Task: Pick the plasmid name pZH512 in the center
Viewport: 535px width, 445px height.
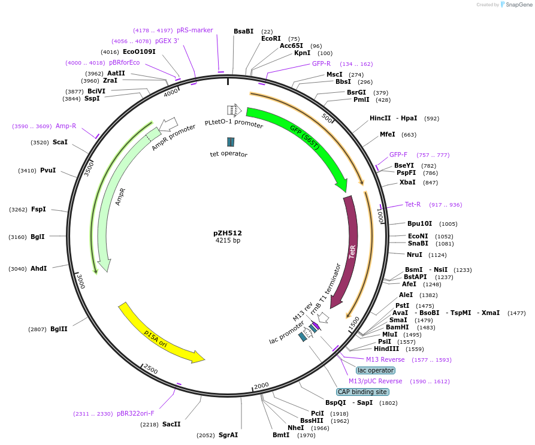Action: click(x=228, y=233)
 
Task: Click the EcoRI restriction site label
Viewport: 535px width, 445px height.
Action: click(x=271, y=38)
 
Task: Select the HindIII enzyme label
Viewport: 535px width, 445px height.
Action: click(x=386, y=349)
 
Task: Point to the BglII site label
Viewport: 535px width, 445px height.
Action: click(x=59, y=329)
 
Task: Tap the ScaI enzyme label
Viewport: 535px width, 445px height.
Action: click(x=60, y=142)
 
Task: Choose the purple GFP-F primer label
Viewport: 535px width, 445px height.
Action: click(x=398, y=155)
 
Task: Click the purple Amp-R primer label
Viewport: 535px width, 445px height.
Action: click(x=66, y=126)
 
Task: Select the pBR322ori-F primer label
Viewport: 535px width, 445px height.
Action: click(x=135, y=413)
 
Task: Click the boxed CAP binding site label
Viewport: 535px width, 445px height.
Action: click(x=362, y=392)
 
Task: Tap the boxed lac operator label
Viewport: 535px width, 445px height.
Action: click(x=376, y=370)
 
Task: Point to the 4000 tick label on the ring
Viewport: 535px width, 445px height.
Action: click(x=171, y=93)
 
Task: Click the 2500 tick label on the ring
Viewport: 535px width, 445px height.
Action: click(x=151, y=370)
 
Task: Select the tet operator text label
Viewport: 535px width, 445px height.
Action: click(x=228, y=154)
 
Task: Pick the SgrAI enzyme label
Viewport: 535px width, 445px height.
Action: click(x=228, y=435)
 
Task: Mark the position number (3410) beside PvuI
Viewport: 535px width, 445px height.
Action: click(x=28, y=171)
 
